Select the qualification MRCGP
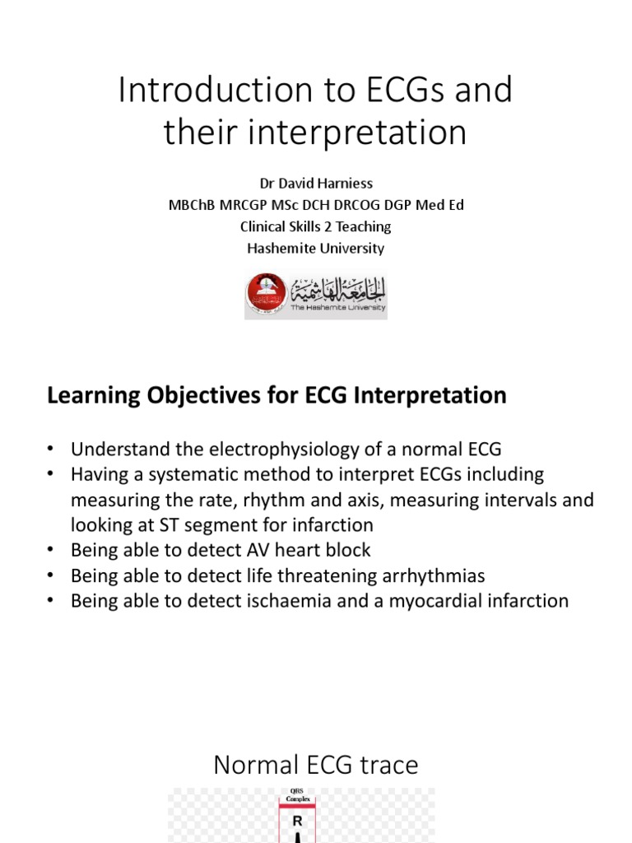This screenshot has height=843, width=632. (247, 205)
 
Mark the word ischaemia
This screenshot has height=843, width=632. (281, 601)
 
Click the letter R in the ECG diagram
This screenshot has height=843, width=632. (298, 821)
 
